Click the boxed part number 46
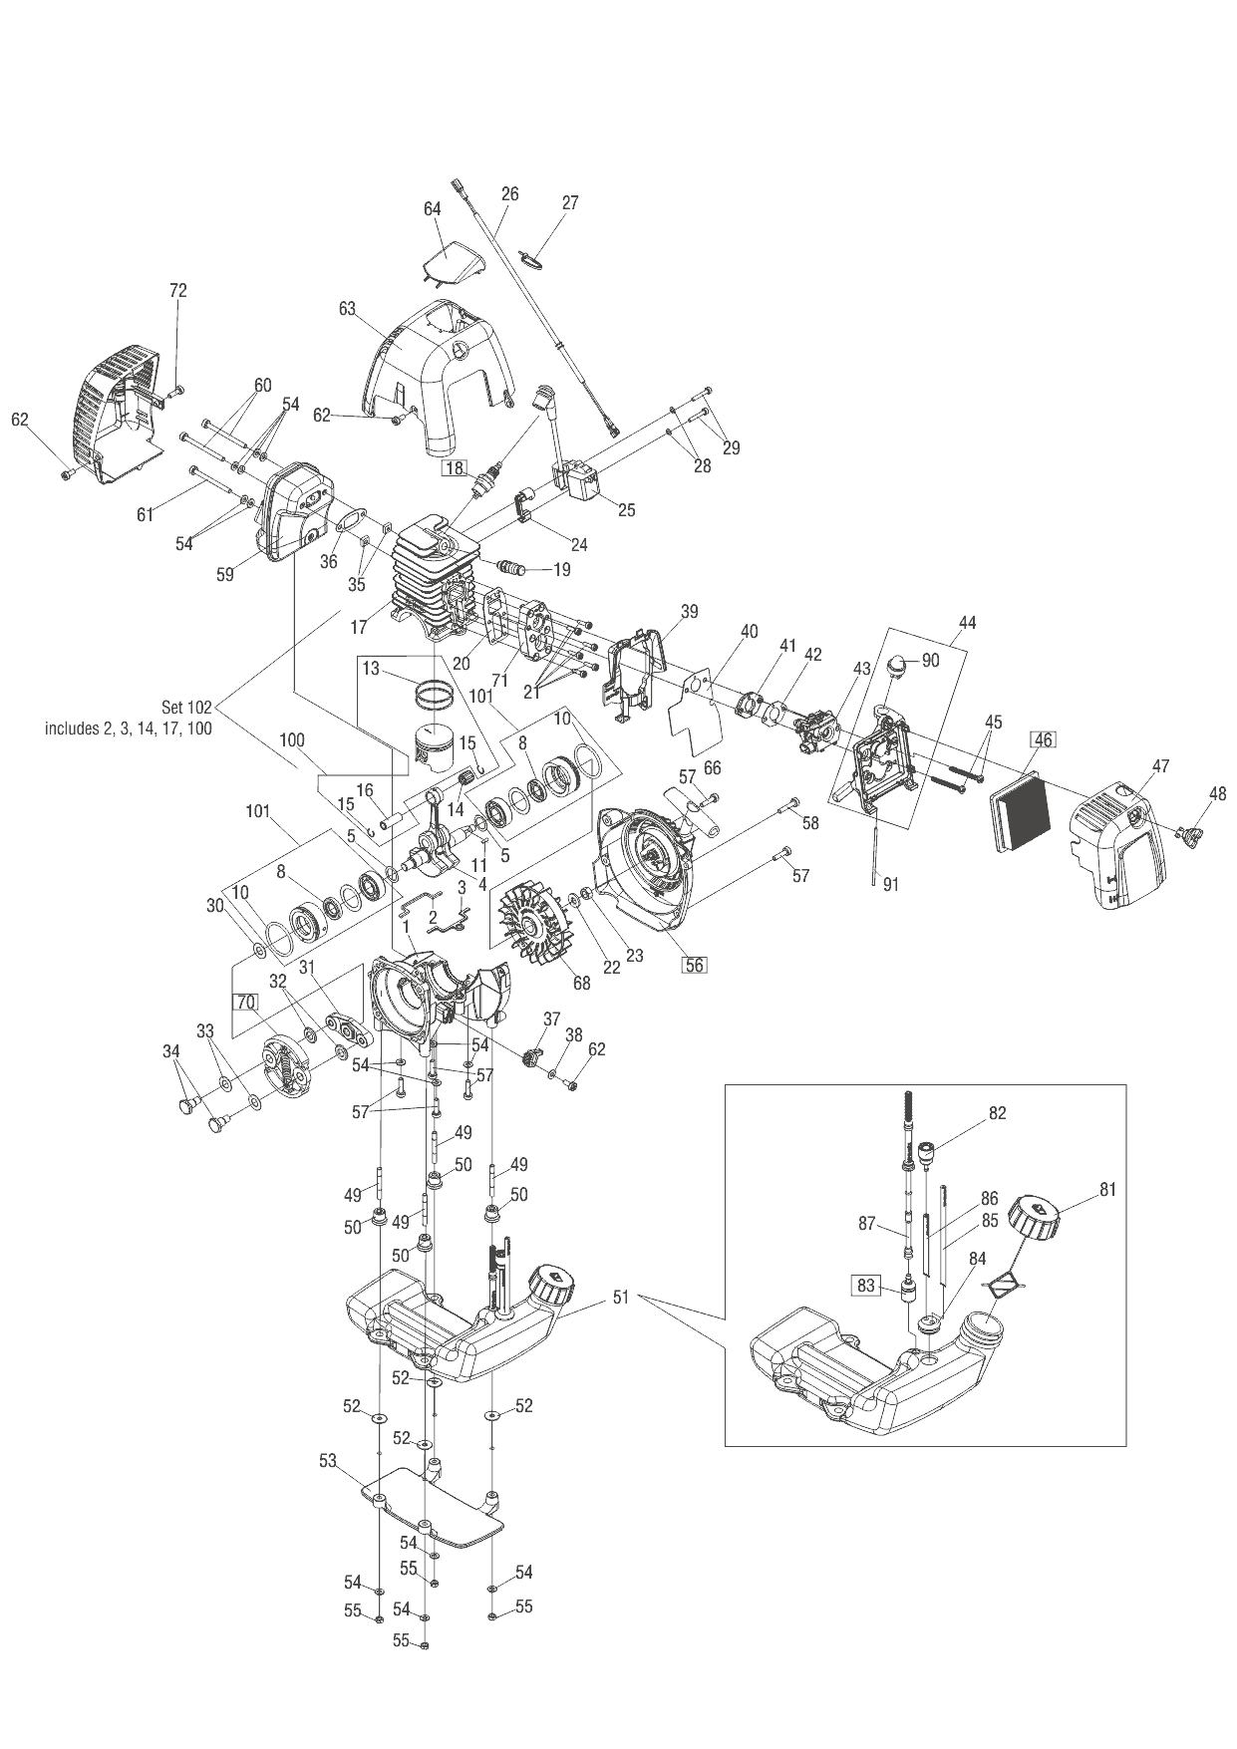pyautogui.click(x=1043, y=739)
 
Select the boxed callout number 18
pyautogui.click(x=455, y=467)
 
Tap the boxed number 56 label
pyautogui.click(x=694, y=965)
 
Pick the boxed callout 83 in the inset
pyautogui.click(x=865, y=1287)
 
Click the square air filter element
pyautogui.click(x=1020, y=808)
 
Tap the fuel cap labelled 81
pyautogui.click(x=1033, y=1217)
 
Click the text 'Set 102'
pyautogui.click(x=186, y=708)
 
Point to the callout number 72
pyautogui.click(x=178, y=291)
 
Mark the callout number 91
pyautogui.click(x=891, y=883)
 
